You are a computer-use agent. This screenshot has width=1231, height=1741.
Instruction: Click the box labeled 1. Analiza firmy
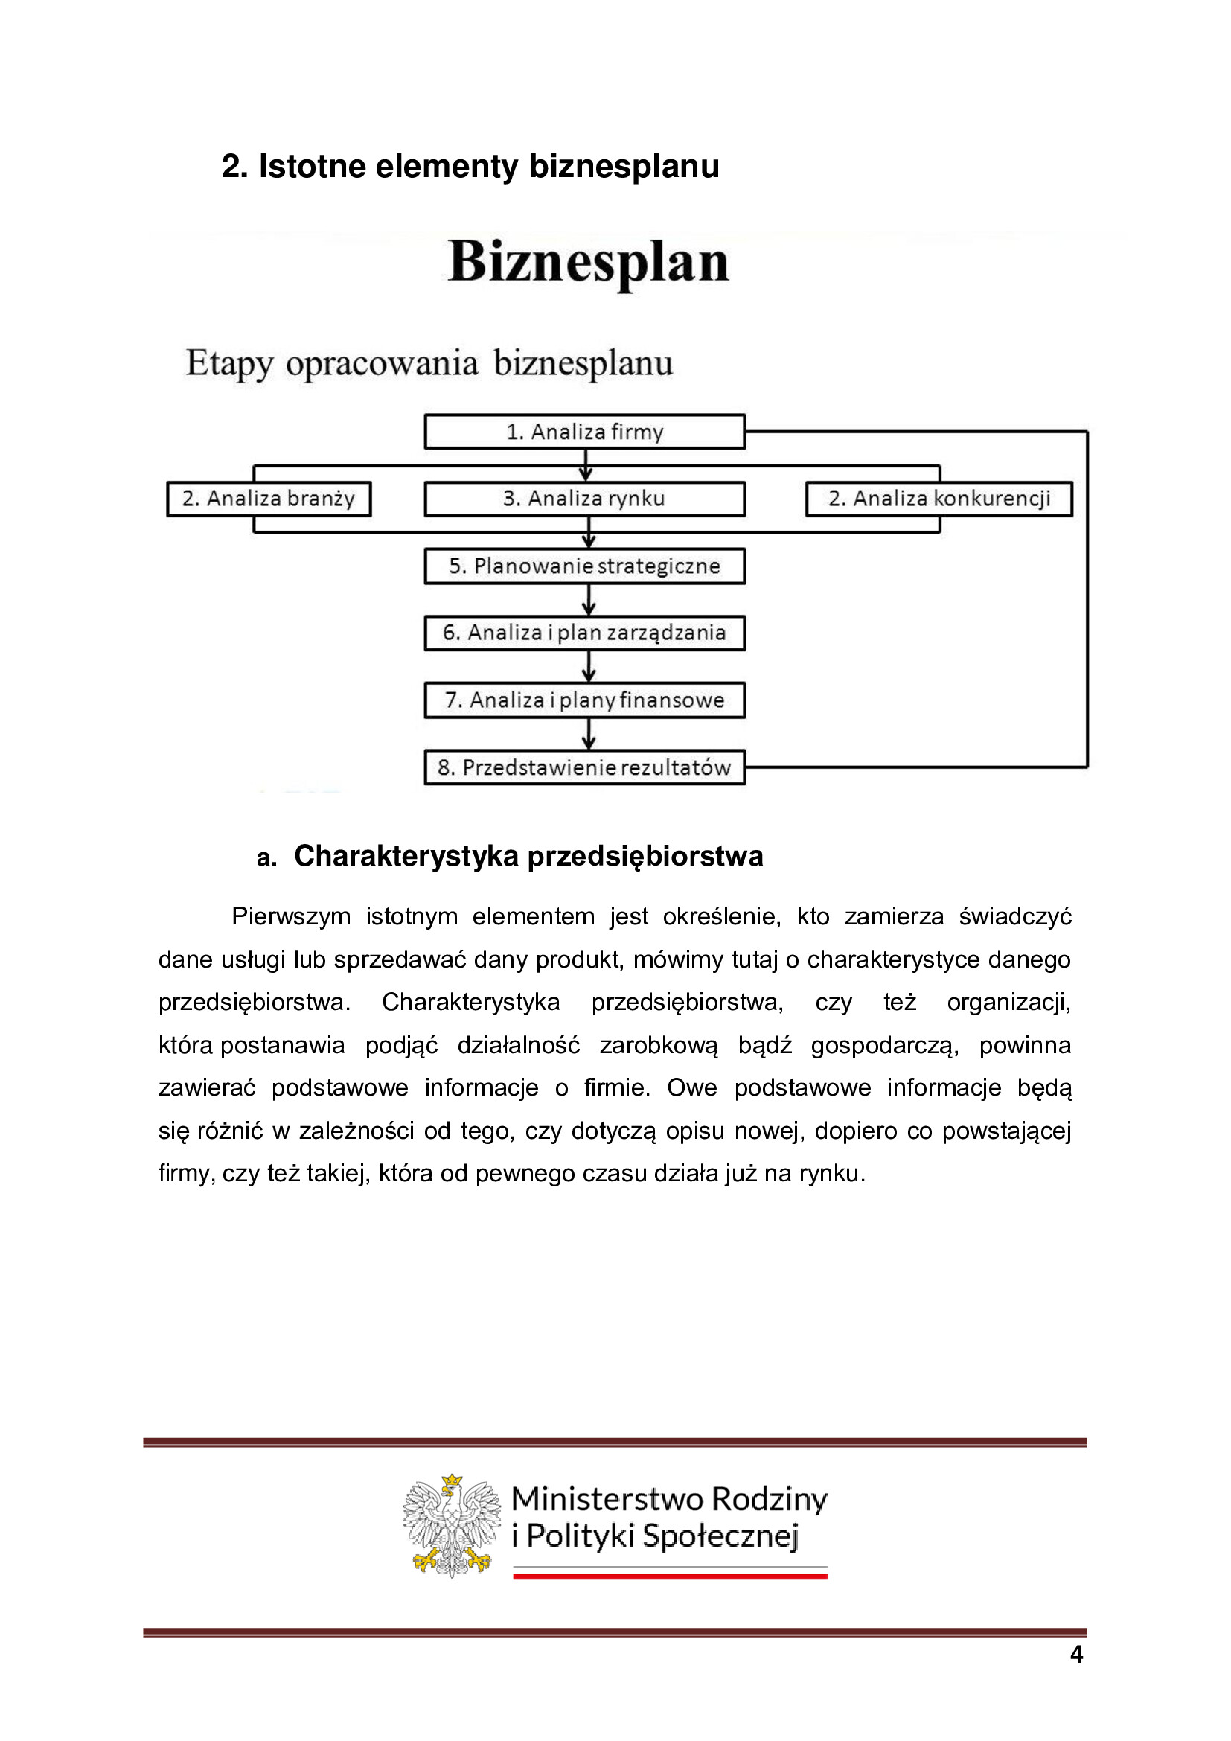(x=584, y=432)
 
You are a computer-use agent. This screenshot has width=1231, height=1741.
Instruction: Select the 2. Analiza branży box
(x=269, y=499)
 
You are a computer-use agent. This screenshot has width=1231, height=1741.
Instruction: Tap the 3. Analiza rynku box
(x=584, y=499)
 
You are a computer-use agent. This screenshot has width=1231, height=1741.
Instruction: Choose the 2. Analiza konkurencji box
(x=939, y=499)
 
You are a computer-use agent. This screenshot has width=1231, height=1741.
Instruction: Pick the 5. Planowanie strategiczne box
(x=584, y=566)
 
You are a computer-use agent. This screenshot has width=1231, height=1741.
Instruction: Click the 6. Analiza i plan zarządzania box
(x=584, y=633)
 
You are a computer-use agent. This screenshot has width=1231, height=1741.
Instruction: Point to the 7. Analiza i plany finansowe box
(x=584, y=700)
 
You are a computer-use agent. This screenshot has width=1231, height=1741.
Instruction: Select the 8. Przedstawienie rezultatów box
(x=584, y=767)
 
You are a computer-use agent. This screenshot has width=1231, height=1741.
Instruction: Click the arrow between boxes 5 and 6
(x=589, y=600)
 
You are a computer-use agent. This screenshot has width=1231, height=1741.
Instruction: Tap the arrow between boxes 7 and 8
(x=589, y=734)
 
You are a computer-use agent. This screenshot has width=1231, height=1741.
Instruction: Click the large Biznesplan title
(x=588, y=262)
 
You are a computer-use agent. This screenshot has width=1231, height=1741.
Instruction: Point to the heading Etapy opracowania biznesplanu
(x=429, y=363)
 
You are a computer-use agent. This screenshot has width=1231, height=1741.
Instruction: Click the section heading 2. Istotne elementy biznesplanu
(x=470, y=166)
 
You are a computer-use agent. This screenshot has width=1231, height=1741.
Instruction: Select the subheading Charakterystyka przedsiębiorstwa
(x=528, y=856)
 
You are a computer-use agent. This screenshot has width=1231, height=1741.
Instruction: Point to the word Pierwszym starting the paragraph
(x=290, y=917)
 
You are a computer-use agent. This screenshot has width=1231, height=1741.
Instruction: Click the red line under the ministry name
(x=670, y=1577)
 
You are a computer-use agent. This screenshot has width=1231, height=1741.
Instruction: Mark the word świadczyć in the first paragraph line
(x=1015, y=917)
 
